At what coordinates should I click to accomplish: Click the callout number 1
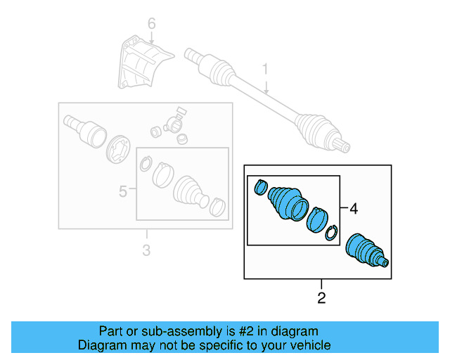[266, 70]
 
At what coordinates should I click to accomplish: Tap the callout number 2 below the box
[321, 298]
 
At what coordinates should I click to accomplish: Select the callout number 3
[146, 250]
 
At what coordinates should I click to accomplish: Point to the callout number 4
[354, 209]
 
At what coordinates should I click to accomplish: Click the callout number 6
[150, 25]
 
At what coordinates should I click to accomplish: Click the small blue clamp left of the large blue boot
[259, 187]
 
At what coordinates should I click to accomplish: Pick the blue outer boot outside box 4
[366, 251]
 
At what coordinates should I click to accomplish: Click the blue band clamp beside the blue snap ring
[318, 219]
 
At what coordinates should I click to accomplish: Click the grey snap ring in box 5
[144, 165]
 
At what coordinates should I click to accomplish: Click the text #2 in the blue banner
[252, 331]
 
